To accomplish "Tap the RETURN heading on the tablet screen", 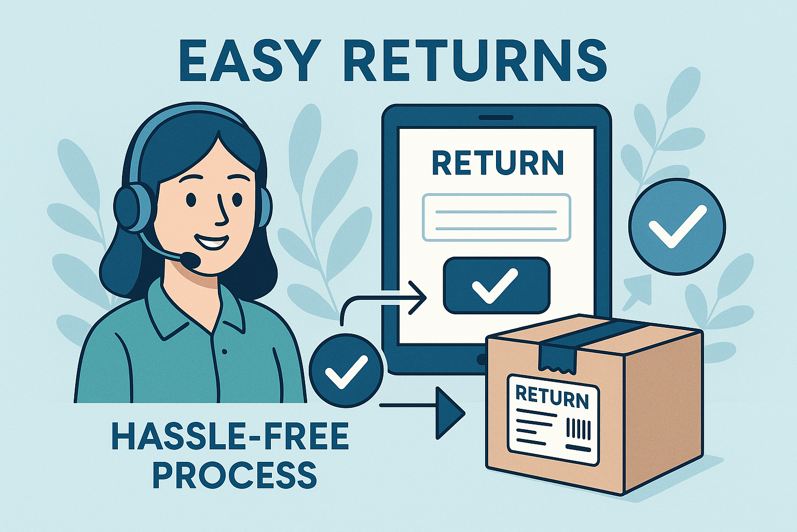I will [497, 163].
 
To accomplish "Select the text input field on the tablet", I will [497, 217].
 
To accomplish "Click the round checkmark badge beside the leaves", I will [677, 227].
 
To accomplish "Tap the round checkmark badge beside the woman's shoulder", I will [346, 370].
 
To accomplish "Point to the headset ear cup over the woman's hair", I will [128, 209].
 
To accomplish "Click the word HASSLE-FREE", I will [230, 437].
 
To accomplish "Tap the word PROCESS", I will [235, 474].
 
